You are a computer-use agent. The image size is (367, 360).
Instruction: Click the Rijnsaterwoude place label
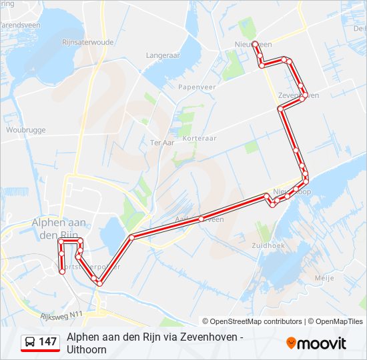click(x=87, y=41)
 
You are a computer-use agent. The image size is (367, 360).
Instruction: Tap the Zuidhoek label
click(x=270, y=245)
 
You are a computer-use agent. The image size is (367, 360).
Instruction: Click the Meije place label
click(x=325, y=277)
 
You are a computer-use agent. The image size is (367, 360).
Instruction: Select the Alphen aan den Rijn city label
click(x=55, y=228)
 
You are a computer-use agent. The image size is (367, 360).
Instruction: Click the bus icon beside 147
click(x=30, y=342)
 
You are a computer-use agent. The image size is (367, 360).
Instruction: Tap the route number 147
click(x=48, y=342)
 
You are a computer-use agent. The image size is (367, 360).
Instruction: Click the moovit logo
click(x=316, y=343)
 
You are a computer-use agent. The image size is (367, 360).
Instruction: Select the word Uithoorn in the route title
click(x=87, y=349)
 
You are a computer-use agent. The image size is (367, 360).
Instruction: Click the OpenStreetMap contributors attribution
click(x=256, y=321)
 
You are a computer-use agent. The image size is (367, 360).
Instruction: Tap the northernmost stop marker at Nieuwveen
click(x=255, y=43)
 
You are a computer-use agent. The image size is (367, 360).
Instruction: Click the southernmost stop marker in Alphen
click(x=63, y=271)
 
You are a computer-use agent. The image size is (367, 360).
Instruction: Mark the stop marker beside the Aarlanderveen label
click(x=201, y=219)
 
